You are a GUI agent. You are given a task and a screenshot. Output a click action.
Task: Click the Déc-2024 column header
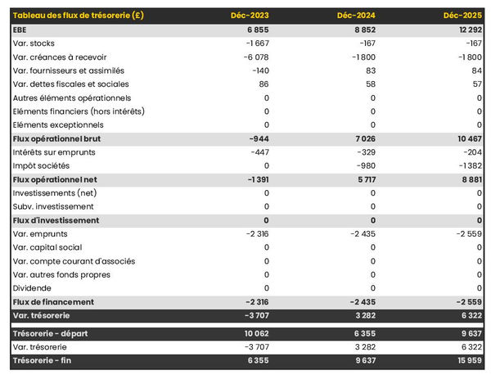click(357, 16)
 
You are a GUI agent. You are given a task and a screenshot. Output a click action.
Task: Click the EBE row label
click(20, 29)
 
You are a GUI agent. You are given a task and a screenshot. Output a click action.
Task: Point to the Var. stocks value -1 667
click(255, 43)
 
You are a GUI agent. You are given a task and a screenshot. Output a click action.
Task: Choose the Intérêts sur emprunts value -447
click(258, 152)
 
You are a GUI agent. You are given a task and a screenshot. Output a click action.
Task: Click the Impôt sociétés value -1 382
click(466, 165)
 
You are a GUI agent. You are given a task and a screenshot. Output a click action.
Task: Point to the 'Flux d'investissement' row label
click(56, 220)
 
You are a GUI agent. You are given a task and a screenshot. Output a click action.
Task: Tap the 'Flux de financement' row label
click(53, 302)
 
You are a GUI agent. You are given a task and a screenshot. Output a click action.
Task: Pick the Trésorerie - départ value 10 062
click(254, 333)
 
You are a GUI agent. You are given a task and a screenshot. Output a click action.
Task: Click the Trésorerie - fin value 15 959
click(465, 361)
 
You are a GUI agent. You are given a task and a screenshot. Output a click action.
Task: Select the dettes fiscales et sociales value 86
click(263, 84)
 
